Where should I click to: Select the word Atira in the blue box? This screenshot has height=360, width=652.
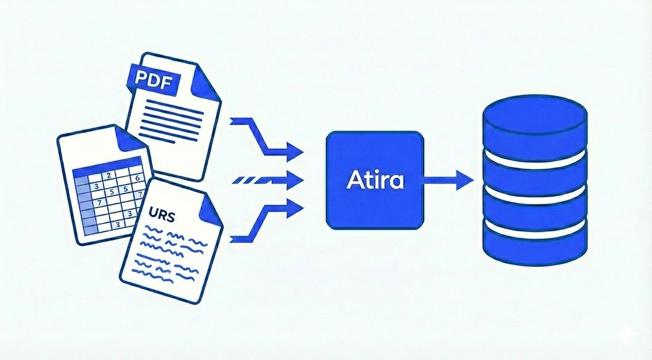point(375,179)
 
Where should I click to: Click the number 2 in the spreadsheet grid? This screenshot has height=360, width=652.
point(109,176)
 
